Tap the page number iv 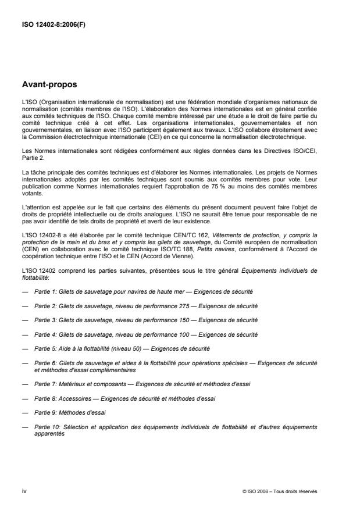(x=24, y=491)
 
